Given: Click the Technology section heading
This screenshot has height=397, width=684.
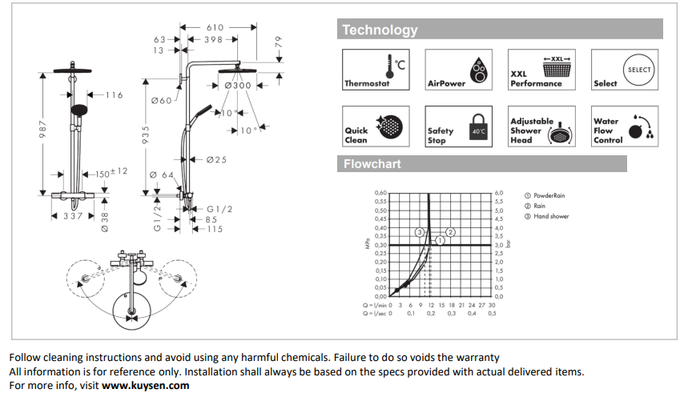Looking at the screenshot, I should [x=380, y=30].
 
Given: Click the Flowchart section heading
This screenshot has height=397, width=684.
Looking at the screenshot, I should [x=372, y=164].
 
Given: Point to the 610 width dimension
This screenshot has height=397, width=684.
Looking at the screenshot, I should [x=215, y=27].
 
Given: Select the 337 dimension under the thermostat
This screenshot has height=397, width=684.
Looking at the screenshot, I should [x=74, y=215].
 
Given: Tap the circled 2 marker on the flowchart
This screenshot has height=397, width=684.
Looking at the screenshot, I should [x=450, y=231].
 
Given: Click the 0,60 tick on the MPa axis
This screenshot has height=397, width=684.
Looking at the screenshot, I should [x=380, y=193].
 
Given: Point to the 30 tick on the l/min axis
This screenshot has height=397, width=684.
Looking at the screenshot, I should [x=492, y=305].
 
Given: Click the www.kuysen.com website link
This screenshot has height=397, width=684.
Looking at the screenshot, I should [x=146, y=385].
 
